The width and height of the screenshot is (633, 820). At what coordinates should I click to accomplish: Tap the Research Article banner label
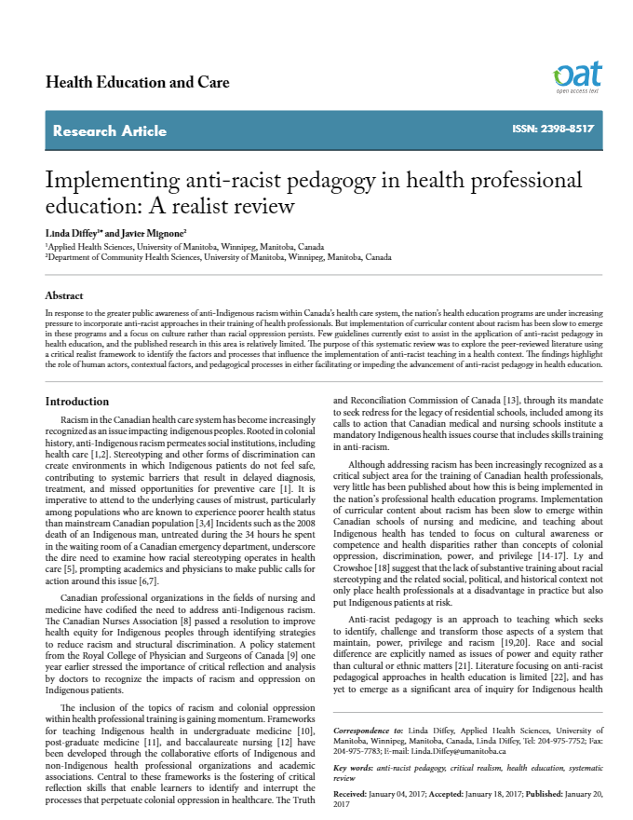tap(110, 131)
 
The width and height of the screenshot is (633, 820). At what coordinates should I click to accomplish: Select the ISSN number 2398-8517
tap(554, 130)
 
